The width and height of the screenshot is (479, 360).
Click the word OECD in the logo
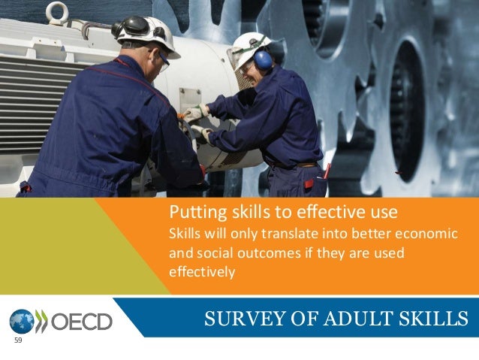pyautogui.click(x=82, y=322)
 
